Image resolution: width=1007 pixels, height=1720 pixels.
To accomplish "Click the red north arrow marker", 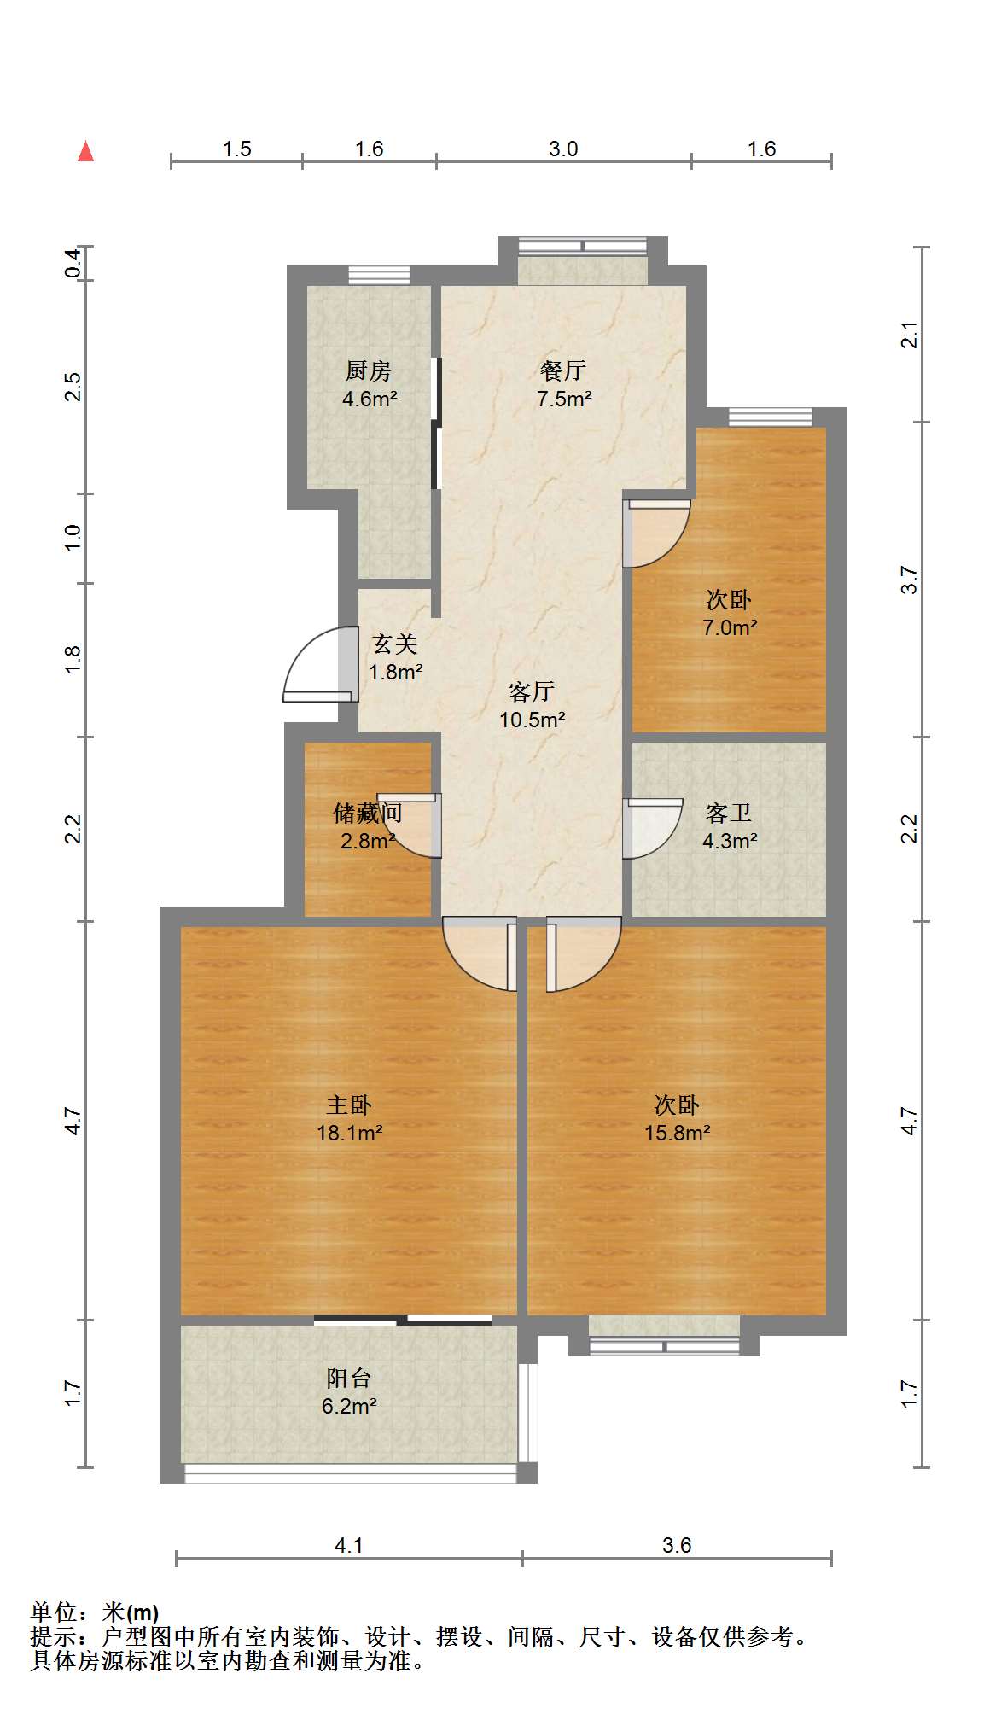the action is [85, 151].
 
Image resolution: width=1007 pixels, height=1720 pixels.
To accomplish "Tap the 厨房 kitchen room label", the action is [369, 371].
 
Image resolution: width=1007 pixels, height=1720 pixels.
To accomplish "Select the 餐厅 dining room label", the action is [563, 370].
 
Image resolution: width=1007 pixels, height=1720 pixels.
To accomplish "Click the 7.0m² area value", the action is [730, 628].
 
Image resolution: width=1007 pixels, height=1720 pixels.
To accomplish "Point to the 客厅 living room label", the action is [532, 691].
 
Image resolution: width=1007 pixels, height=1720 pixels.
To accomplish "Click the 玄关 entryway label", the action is [395, 644].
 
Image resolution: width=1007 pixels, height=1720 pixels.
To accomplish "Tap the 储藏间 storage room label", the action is [368, 813].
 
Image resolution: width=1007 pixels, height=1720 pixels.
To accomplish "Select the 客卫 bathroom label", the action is [729, 813].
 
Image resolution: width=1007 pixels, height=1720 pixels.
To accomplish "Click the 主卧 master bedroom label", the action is [349, 1105].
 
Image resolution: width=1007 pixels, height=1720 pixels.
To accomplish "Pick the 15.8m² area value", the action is [678, 1134].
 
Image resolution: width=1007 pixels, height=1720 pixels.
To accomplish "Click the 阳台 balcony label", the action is [349, 1379].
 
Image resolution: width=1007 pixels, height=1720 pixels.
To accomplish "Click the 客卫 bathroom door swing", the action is [653, 828].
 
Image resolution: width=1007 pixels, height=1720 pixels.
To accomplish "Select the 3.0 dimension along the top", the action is [563, 149].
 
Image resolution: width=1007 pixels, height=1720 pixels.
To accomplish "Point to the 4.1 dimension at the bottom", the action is [348, 1545].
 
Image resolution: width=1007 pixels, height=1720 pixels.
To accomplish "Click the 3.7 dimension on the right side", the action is [911, 580].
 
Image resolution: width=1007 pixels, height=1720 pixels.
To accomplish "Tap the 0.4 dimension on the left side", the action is [73, 262].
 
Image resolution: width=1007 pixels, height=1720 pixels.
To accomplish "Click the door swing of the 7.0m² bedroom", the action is [656, 533].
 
